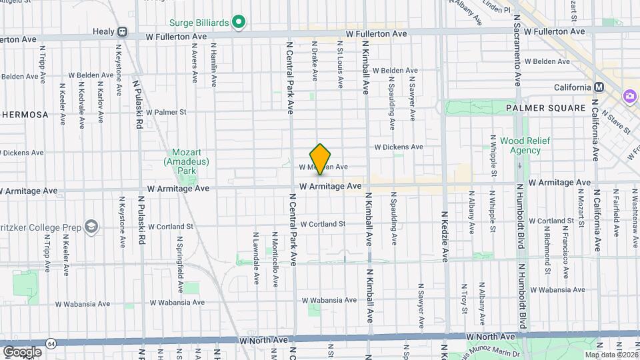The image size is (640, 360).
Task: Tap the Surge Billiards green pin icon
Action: [238, 23]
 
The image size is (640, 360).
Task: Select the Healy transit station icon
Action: [123, 32]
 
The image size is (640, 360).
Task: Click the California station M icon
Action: [599, 87]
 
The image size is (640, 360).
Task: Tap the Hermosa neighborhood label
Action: [25, 115]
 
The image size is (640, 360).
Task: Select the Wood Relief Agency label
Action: [521, 145]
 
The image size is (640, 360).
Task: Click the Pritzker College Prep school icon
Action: [91, 227]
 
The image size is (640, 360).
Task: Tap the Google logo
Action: [22, 351]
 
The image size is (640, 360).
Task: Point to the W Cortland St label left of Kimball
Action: [323, 224]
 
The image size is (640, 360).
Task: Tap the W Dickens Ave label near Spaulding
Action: [398, 147]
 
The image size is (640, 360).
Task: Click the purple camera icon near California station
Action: [629, 97]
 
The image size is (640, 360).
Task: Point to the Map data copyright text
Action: [615, 354]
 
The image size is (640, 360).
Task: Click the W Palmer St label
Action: [167, 112]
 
